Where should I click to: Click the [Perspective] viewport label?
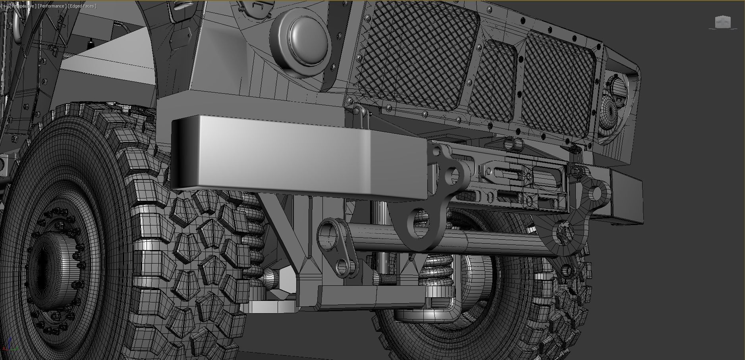pos(23,6)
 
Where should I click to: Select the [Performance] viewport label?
pos(52,6)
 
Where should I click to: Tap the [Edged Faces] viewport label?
pos(82,6)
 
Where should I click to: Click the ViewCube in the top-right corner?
pos(722,22)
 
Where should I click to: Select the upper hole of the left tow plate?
pos(452,176)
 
